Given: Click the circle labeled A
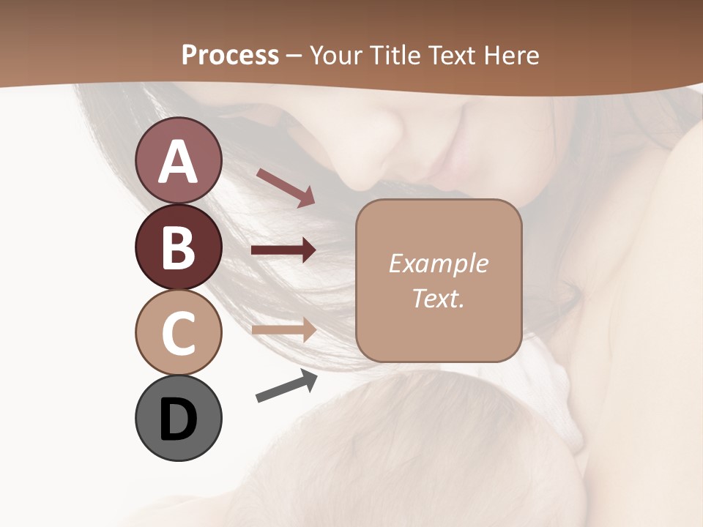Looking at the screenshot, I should click(178, 161).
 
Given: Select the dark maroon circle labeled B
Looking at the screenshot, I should click(178, 247).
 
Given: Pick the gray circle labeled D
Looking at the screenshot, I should click(178, 418).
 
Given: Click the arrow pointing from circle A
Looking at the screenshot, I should click(286, 187).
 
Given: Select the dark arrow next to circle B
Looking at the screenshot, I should click(283, 250).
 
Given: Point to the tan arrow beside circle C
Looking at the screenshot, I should click(283, 329).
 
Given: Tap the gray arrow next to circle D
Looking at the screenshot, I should click(286, 386).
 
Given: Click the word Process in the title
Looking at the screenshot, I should click(230, 55).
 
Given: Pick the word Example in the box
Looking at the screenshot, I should click(438, 263).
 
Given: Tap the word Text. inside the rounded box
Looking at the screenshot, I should click(438, 298).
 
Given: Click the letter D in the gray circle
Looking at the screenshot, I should click(178, 420).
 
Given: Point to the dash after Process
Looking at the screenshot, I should click(293, 56).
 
